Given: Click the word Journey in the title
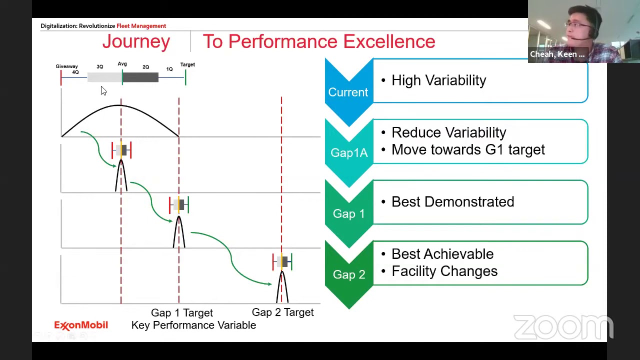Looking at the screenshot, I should (136, 42).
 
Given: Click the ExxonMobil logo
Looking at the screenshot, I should (81, 325).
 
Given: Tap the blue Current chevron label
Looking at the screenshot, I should (348, 92).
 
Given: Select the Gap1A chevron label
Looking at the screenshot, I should (348, 153).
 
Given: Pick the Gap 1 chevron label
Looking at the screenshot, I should (348, 214).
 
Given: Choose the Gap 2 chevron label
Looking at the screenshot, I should (348, 274).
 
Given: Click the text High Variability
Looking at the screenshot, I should (438, 80).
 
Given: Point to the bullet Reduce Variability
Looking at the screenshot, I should (448, 132).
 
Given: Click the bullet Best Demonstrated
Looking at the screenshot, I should (452, 202).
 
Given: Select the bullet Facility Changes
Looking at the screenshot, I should (444, 271).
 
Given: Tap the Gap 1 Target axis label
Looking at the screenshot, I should (181, 313).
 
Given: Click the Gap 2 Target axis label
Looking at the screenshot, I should (282, 312).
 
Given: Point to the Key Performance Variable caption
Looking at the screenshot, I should (193, 325).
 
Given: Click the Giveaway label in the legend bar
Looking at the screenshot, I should (66, 66).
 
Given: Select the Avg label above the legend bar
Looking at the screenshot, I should (122, 64).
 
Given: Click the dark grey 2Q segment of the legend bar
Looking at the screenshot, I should (140, 77).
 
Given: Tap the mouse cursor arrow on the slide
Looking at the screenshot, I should (103, 90).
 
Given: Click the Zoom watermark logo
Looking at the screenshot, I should (563, 327).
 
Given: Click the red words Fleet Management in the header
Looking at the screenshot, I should (141, 26).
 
